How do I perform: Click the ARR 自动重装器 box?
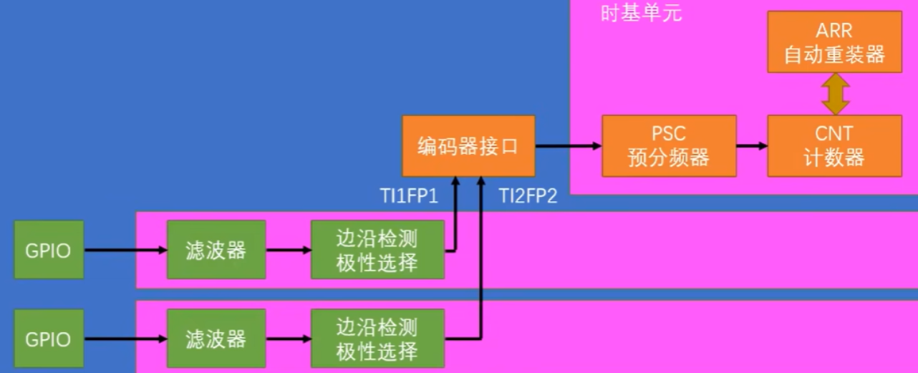point(834,42)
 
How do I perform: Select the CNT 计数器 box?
point(834,146)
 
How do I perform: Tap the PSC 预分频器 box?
point(669,146)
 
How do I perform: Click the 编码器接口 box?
point(468,146)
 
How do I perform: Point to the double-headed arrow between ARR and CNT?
point(835,94)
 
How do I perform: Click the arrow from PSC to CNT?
point(752,146)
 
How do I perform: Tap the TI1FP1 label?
point(409,196)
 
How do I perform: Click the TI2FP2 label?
point(528,196)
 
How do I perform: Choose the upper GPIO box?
point(49,250)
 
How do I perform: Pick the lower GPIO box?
point(49,339)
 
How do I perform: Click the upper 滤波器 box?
point(216,250)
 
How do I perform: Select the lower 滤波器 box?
point(216,339)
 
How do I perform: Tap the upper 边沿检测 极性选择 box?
point(377,250)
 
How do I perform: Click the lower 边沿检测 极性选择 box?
point(377,339)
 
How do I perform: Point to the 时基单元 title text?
point(641,14)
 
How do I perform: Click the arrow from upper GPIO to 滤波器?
point(125,251)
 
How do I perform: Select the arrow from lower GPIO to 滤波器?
point(125,339)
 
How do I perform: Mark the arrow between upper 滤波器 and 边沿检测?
point(289,251)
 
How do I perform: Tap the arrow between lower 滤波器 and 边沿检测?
point(289,339)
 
